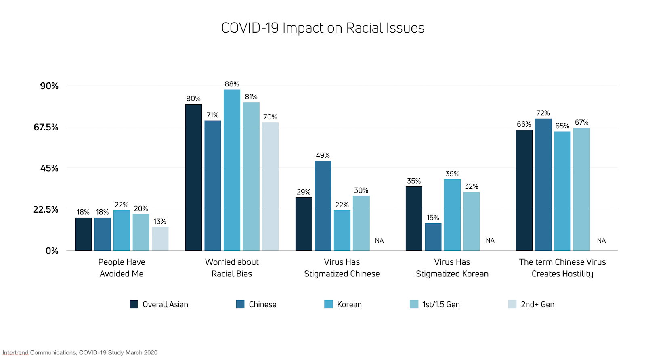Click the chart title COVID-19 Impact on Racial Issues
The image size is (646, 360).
(x=323, y=28)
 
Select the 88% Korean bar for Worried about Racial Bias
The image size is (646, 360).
(x=232, y=170)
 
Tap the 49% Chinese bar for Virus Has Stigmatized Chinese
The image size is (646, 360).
(x=323, y=206)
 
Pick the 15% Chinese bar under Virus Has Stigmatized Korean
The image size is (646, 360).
(x=433, y=237)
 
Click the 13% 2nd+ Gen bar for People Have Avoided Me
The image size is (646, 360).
(x=160, y=239)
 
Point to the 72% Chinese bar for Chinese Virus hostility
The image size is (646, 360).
(x=543, y=184)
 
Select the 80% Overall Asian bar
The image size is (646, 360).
(x=193, y=178)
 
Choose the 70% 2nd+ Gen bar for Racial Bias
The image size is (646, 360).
(x=270, y=186)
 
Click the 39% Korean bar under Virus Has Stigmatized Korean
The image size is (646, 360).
(x=452, y=215)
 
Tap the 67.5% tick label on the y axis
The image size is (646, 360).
(x=46, y=128)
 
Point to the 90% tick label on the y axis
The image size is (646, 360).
(x=49, y=86)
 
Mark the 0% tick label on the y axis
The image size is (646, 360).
(x=52, y=251)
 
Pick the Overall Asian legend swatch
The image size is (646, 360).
(x=134, y=304)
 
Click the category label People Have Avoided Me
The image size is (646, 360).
(x=122, y=268)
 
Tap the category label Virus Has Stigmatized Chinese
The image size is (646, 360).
(x=342, y=268)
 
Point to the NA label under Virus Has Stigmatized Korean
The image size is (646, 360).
(x=490, y=241)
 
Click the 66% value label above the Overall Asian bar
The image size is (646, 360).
(x=524, y=125)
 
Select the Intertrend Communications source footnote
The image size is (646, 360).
(x=80, y=353)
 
